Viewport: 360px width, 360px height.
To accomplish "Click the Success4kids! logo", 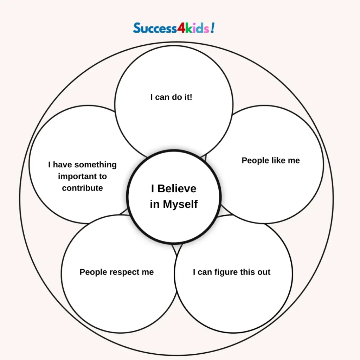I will (x=174, y=28).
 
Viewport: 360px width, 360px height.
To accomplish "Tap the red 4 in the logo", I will (x=181, y=28).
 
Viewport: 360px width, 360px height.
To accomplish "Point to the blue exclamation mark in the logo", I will (x=212, y=28).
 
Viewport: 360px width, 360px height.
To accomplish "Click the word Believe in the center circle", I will (x=176, y=189).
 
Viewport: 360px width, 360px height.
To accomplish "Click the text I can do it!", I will (x=171, y=97).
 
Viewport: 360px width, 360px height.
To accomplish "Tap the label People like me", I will (x=271, y=161).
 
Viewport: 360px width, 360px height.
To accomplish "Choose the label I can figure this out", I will (x=232, y=272).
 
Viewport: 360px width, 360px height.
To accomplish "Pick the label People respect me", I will (x=117, y=272).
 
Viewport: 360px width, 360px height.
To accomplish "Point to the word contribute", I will (x=82, y=188).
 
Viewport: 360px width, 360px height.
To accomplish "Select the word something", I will (x=96, y=165).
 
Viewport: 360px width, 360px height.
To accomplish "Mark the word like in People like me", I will (x=278, y=161).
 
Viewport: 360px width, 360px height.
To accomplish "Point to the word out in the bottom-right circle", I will (x=264, y=272).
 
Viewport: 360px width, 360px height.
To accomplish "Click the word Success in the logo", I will (x=155, y=28).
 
